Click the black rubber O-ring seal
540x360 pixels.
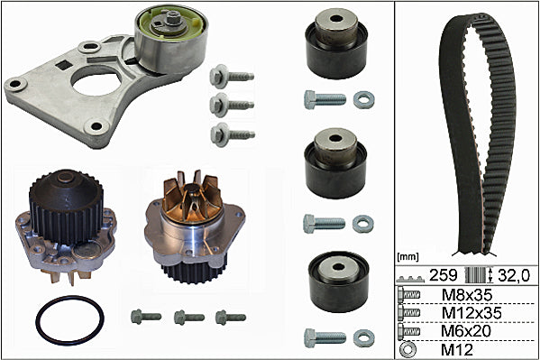tap(38, 320)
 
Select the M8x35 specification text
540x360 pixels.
tap(467, 295)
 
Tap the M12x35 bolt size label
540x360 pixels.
tap(471, 313)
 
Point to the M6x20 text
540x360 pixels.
tap(465, 331)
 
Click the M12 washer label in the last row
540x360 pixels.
tap(457, 349)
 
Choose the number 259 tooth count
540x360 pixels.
tap(443, 275)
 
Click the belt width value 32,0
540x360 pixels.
tap(514, 275)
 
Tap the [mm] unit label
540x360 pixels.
tap(407, 256)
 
